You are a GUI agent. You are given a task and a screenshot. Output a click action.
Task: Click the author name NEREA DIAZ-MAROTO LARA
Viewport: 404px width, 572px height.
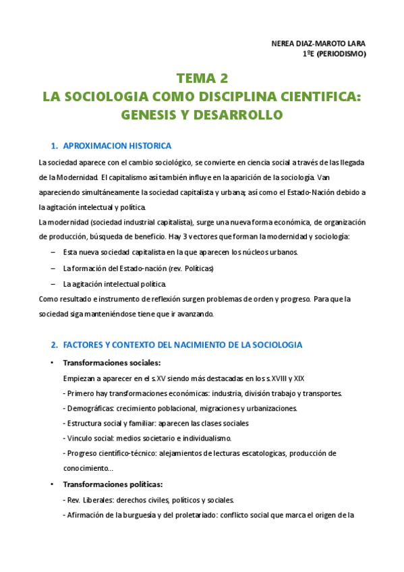tap(317, 44)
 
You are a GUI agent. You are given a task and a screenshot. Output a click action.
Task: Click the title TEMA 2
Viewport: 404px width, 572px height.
tap(202, 78)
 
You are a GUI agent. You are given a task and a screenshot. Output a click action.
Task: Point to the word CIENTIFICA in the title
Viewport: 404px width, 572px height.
tap(316, 96)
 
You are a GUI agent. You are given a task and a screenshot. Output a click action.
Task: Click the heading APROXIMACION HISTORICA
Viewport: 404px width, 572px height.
tap(117, 146)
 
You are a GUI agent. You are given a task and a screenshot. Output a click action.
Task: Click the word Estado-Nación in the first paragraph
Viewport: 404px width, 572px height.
tap(320, 192)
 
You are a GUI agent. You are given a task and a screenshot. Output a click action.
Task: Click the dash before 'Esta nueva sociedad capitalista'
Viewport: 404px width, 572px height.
tap(53, 252)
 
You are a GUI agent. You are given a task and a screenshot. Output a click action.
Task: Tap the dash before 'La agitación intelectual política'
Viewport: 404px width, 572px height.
tap(53, 283)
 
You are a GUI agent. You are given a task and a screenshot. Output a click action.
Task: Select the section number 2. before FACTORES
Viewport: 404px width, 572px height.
tap(55, 345)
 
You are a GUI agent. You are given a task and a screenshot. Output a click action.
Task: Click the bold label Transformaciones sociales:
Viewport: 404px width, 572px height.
tap(112, 362)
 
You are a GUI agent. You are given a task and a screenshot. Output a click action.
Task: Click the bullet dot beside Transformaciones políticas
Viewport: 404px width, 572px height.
tap(53, 485)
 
